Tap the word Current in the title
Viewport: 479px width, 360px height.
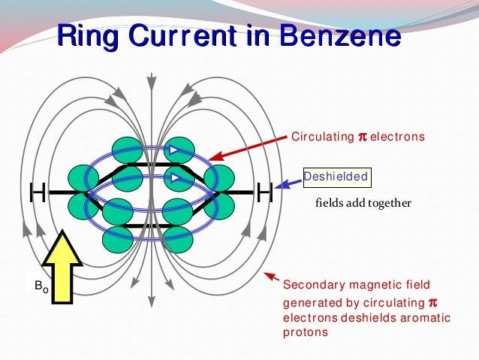(185, 36)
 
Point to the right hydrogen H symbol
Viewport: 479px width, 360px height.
(264, 193)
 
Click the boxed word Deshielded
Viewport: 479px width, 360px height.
(336, 177)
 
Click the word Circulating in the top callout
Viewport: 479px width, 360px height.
(322, 137)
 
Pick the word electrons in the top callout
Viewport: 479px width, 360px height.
(398, 137)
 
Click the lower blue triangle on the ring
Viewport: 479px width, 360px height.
(173, 178)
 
